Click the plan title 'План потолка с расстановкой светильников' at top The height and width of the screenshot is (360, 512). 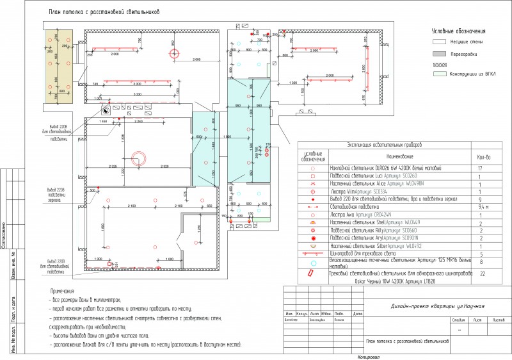[104, 12]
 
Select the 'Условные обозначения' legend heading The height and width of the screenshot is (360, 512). [459, 31]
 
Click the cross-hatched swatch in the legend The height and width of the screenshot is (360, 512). [438, 64]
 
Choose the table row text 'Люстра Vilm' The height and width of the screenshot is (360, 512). [359, 191]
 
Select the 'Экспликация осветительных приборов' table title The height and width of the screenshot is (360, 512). [384, 145]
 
